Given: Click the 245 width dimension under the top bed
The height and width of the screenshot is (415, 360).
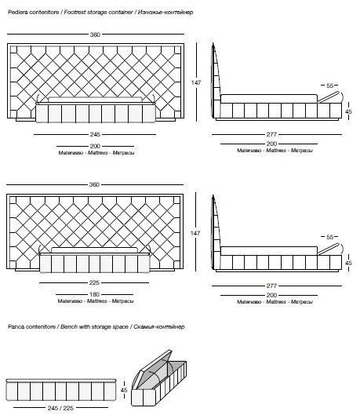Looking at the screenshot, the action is click(95, 134).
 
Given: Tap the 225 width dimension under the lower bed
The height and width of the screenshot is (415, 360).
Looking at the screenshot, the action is click(94, 282).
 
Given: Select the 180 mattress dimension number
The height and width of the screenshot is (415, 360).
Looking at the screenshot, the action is click(94, 294).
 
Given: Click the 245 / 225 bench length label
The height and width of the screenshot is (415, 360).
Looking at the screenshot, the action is click(60, 408).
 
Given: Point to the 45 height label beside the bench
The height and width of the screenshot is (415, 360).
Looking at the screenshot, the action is click(124, 390).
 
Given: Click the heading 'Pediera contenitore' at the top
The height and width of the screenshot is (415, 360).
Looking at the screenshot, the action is click(33, 13).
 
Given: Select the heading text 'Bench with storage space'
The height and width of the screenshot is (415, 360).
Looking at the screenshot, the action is click(94, 326).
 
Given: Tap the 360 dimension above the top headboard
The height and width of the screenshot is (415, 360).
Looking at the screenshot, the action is click(95, 35).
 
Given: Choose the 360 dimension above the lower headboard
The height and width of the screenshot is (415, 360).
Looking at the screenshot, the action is click(94, 184).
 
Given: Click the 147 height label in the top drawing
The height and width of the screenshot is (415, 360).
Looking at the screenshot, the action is click(196, 82).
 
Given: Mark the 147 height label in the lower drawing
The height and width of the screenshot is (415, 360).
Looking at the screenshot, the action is click(195, 233).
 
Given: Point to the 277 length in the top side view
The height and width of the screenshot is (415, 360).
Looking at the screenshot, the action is click(271, 134).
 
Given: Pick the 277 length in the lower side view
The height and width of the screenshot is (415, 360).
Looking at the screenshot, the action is click(271, 286).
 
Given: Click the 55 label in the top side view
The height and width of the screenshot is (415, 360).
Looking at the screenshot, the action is click(330, 86).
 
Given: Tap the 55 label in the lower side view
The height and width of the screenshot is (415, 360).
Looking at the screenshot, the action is click(330, 237).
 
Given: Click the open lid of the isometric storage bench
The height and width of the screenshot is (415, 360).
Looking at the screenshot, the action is click(156, 362).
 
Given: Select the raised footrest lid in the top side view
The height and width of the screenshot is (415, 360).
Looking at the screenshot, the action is click(328, 96).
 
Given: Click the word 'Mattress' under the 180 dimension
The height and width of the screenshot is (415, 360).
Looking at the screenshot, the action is click(96, 301).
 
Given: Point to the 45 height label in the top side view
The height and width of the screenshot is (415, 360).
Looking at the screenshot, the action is click(348, 111).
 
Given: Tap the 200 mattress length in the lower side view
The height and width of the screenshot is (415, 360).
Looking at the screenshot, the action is click(271, 295).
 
